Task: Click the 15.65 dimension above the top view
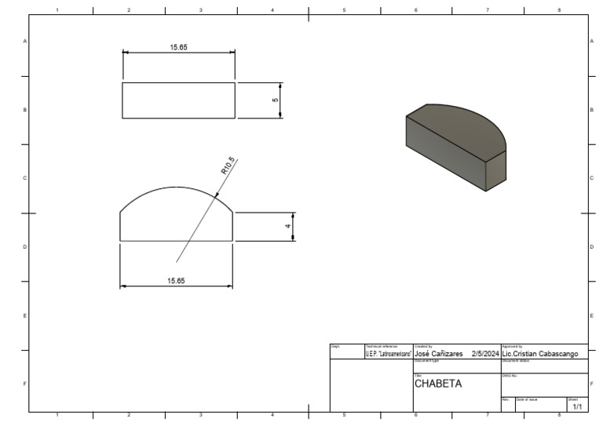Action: coord(178,47)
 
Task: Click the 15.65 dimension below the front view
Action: coord(176,280)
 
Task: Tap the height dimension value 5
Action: coord(275,100)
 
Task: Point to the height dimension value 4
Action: coord(288,226)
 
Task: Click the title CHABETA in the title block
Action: coord(437,384)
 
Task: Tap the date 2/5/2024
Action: coord(485,354)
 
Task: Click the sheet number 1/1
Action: coord(577,407)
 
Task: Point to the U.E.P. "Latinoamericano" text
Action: coord(388,354)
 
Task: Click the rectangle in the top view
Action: coord(178,100)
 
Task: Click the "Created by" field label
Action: coord(422,347)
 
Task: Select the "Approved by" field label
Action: coord(511,347)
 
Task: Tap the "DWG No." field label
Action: coord(510,376)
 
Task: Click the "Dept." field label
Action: coord(335,347)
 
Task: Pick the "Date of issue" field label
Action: coord(527,399)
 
